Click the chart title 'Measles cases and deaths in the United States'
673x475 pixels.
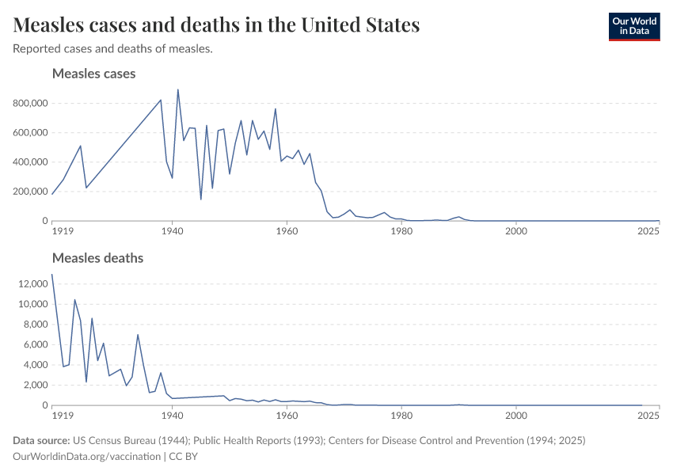click(216, 25)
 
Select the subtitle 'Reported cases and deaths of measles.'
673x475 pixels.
click(112, 49)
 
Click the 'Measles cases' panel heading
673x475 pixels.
click(93, 74)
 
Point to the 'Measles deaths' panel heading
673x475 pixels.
click(97, 258)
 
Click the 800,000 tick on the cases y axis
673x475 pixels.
click(31, 103)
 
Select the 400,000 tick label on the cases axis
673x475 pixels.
click(31, 162)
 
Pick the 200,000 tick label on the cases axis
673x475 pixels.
click(31, 192)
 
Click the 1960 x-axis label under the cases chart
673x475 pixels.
click(287, 231)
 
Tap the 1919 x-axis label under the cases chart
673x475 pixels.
click(62, 231)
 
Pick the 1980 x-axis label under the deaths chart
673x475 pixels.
click(401, 416)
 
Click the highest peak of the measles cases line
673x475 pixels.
click(177, 89)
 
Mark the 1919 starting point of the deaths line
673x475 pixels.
click(52, 275)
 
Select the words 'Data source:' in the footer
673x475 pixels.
click(41, 440)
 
